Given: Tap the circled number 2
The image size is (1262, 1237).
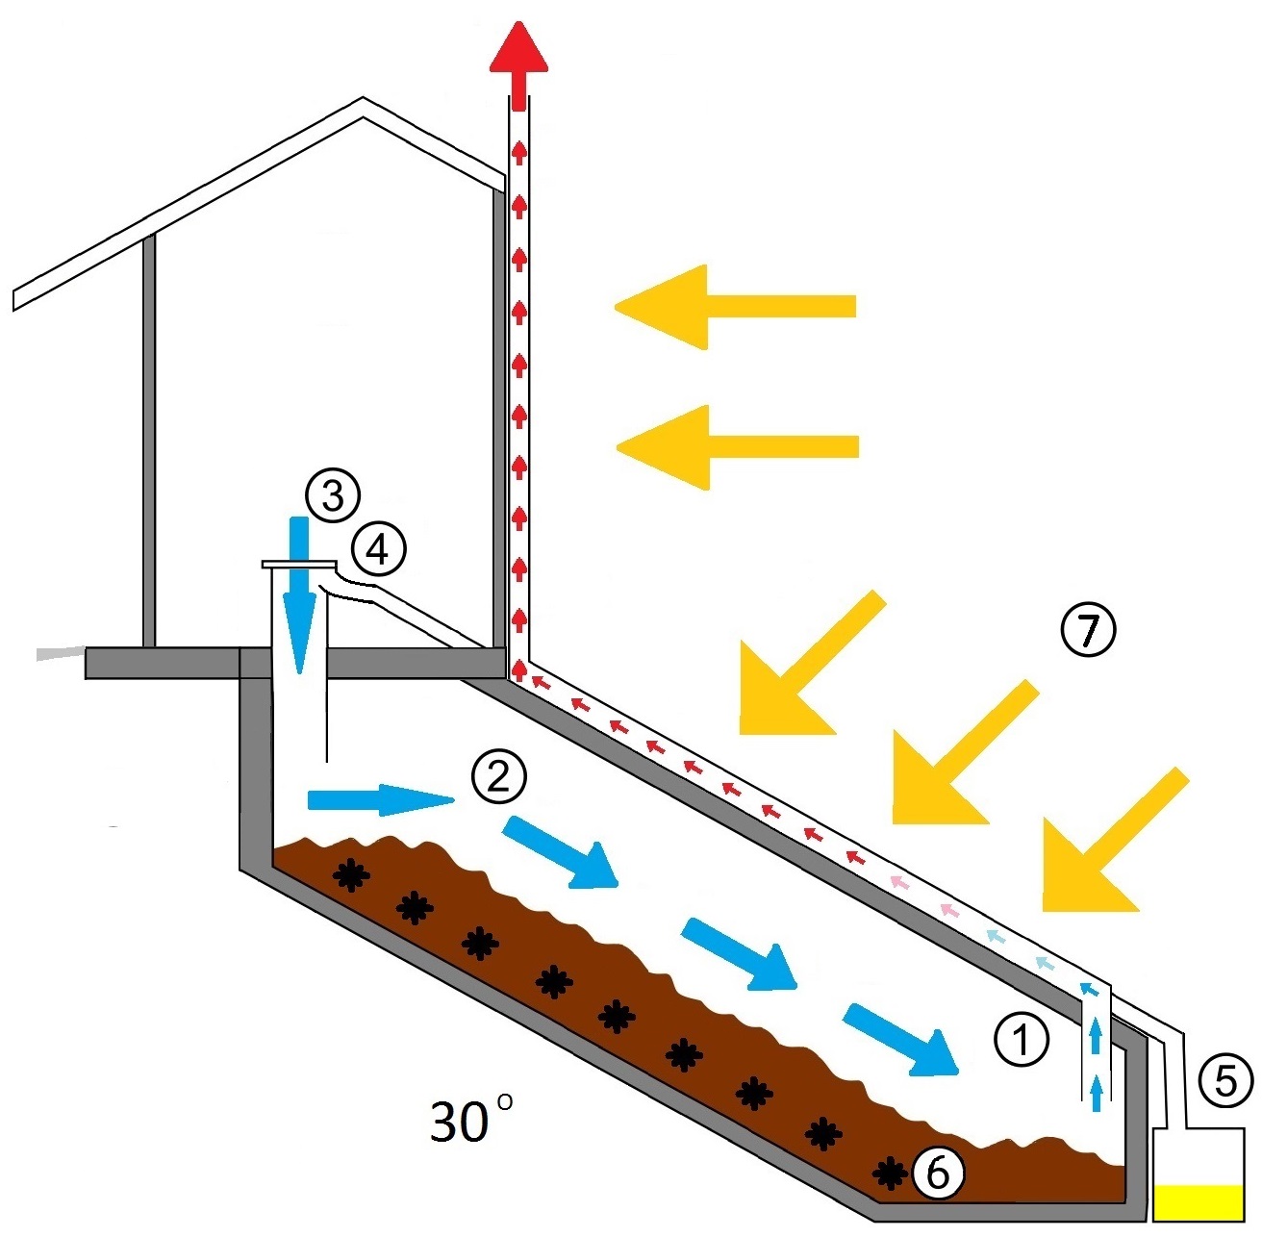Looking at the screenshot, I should pyautogui.click(x=498, y=776).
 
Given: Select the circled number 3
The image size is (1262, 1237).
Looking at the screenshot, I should pyautogui.click(x=332, y=496).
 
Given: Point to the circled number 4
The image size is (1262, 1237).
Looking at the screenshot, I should pyautogui.click(x=378, y=550).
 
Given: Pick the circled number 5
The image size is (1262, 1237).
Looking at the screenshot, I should pyautogui.click(x=1225, y=1080).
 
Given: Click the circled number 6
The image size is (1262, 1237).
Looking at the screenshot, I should pyautogui.click(x=937, y=1172).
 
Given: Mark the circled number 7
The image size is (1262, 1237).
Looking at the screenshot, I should pyautogui.click(x=1087, y=630).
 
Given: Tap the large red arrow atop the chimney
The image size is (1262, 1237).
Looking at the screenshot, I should pyautogui.click(x=518, y=63).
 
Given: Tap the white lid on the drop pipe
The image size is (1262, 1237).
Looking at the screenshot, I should pyautogui.click(x=298, y=565).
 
